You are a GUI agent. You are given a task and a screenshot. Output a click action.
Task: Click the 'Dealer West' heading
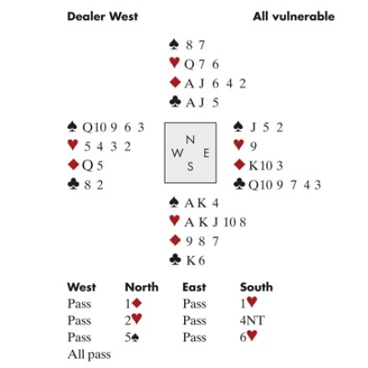(x=103, y=16)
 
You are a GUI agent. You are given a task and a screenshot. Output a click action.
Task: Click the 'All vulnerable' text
(x=294, y=16)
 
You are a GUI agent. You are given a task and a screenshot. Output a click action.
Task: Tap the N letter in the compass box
(x=190, y=140)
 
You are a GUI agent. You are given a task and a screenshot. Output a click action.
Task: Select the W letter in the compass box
(x=177, y=153)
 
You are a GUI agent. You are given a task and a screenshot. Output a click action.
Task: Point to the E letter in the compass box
(x=207, y=153)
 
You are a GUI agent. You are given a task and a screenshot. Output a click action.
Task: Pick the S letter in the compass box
(x=190, y=166)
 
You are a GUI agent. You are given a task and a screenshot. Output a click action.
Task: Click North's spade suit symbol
(x=174, y=44)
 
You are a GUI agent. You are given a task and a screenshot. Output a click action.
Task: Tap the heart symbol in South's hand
(x=175, y=221)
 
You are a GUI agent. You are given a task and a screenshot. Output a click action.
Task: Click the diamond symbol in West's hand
(x=73, y=164)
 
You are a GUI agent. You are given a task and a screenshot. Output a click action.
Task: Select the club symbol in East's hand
(x=239, y=184)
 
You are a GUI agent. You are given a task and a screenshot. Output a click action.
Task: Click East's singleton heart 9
(x=253, y=146)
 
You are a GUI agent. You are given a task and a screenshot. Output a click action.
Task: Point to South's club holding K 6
(x=196, y=261)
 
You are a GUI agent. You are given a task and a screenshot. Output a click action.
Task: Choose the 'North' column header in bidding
(x=141, y=287)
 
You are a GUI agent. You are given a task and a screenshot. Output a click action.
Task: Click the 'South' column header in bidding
(x=257, y=287)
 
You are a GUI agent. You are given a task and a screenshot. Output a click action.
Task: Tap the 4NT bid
(x=252, y=320)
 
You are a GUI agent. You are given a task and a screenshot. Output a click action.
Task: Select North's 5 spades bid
(x=132, y=337)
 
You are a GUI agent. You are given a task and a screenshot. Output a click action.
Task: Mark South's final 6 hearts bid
(x=248, y=336)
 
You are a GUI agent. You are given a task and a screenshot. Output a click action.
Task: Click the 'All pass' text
(x=89, y=355)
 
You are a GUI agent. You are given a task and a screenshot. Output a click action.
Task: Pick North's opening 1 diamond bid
(x=133, y=304)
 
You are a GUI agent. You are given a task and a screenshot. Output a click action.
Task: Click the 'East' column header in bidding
(x=194, y=287)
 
